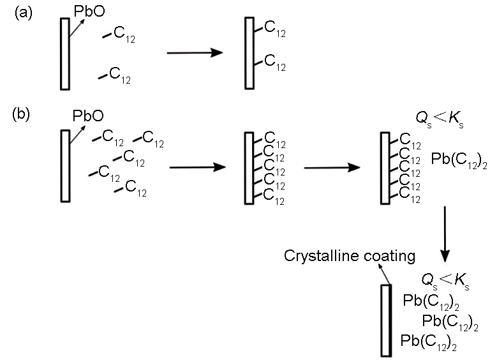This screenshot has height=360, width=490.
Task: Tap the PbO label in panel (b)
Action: pyautogui.click(x=88, y=116)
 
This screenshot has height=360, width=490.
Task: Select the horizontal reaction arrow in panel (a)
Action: pyautogui.click(x=193, y=53)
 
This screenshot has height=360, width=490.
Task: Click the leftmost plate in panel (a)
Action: pyautogui.click(x=64, y=54)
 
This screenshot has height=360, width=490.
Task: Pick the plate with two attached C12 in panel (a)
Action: pyautogui.click(x=249, y=53)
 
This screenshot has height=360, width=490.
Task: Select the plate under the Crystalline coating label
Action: pyautogui.click(x=385, y=320)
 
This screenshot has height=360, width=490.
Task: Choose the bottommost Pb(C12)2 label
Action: pyautogui.click(x=429, y=340)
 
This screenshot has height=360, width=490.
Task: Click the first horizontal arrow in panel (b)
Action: pyautogui.click(x=197, y=168)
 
